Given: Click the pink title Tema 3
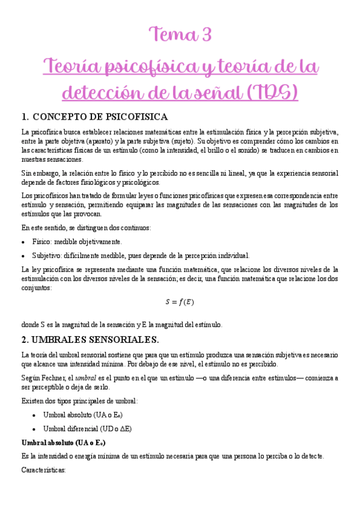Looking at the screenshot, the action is (181, 35).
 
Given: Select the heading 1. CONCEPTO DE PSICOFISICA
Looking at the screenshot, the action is (94, 117).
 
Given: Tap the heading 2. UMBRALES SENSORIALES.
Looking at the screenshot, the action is (90, 339).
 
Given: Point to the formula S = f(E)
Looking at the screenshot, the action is (180, 301).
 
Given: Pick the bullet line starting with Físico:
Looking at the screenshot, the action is (77, 242).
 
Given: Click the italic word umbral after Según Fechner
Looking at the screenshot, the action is (84, 378).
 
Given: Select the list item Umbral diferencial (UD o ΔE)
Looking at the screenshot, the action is (87, 428).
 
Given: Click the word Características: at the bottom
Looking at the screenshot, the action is (43, 470).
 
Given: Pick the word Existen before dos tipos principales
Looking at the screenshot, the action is (34, 401).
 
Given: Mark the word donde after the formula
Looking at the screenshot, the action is (31, 325).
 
